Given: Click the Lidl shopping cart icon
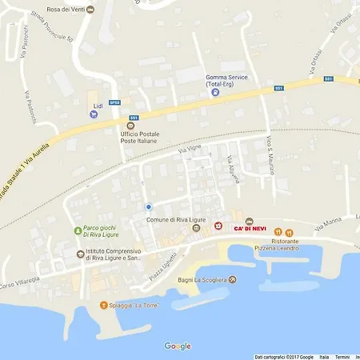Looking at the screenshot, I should point(96,114).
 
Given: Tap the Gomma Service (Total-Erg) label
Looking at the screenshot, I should point(226,80).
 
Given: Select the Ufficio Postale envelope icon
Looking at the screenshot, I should point(130,125).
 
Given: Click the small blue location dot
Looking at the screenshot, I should point(148,206).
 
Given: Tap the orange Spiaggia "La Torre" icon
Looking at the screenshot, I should point(103,305).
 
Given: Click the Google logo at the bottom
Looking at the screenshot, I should point(178,346).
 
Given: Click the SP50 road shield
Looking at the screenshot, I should point(114,102).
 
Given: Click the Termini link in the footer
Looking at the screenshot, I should point(342,357).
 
